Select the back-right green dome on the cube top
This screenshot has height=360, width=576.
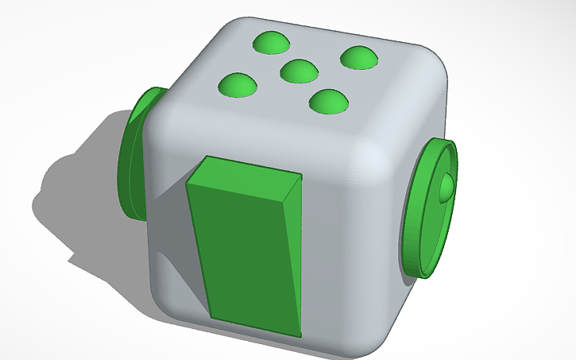tap(358, 56)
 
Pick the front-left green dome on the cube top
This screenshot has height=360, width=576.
tap(237, 83)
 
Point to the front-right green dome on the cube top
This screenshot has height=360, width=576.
tap(330, 99)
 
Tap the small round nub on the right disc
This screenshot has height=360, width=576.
tap(446, 187)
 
